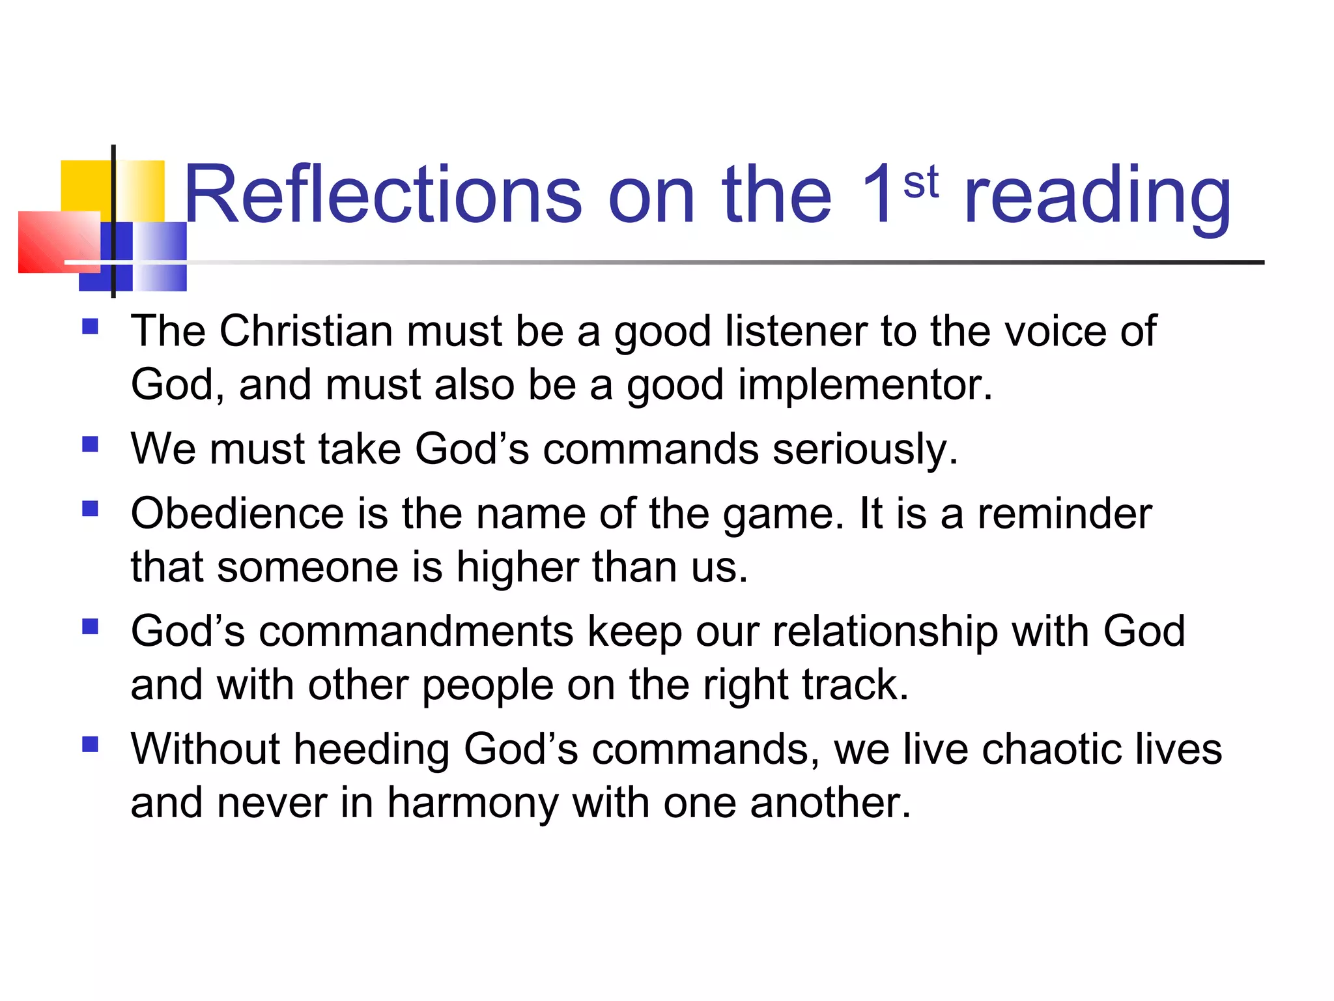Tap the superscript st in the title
coord(920,182)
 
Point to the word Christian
coord(305,331)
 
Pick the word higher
coord(517,567)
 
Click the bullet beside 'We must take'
coord(91,444)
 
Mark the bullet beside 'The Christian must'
coord(91,326)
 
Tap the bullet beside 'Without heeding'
coord(91,744)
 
